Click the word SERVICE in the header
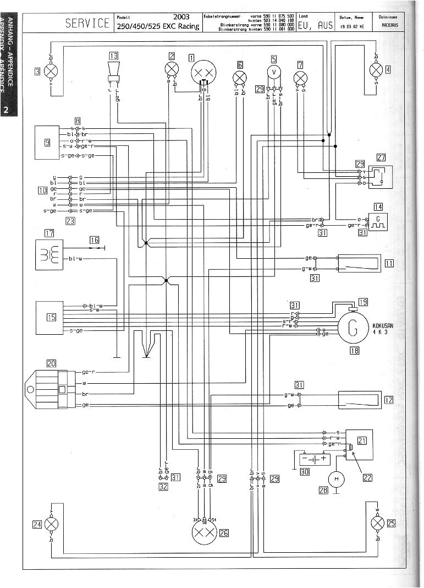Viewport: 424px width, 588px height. (x=87, y=23)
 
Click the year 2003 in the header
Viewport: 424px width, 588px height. (x=181, y=17)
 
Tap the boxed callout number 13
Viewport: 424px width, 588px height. (x=113, y=55)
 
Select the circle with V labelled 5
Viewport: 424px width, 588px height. (x=274, y=72)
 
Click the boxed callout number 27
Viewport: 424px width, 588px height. (x=382, y=157)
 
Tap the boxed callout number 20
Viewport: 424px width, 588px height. (x=51, y=363)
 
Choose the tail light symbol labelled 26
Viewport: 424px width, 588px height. (x=205, y=532)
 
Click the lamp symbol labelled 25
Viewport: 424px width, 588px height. (x=378, y=523)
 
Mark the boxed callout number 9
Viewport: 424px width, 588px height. (x=48, y=142)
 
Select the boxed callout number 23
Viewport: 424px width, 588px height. (x=70, y=221)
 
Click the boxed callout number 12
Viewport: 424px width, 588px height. (x=389, y=400)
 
